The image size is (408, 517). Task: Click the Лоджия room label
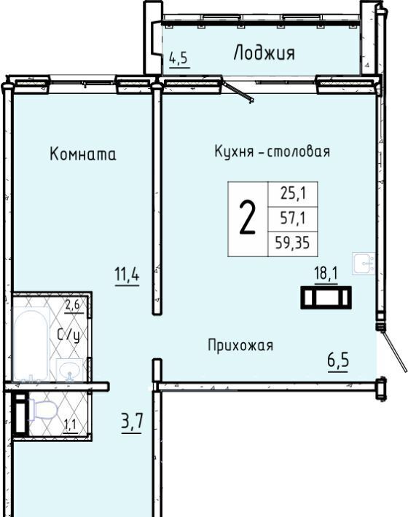pos(264,52)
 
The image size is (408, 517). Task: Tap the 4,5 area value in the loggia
pos(178,59)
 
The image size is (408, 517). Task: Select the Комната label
pos(83,154)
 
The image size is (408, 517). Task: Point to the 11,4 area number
pos(127,275)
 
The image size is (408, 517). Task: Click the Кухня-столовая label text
pos(272,151)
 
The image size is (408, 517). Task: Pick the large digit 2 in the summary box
pos(248,218)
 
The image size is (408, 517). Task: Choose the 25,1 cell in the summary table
pos(293,193)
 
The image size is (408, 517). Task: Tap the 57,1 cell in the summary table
pos(293,218)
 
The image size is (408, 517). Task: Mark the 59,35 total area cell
pos(293,243)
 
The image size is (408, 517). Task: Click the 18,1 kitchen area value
pos(326,274)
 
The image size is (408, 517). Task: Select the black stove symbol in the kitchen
pos(326,297)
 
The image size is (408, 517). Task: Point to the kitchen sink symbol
pos(364,264)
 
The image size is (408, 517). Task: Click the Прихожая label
pos(240,346)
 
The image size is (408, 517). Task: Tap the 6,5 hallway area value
pos(338,360)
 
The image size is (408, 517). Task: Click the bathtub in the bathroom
pos(31,345)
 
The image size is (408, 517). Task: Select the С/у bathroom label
pos(68,336)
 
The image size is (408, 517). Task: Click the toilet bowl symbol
pos(44,411)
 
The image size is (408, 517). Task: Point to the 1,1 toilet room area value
pos(70,425)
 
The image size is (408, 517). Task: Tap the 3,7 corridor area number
pos(132,422)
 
